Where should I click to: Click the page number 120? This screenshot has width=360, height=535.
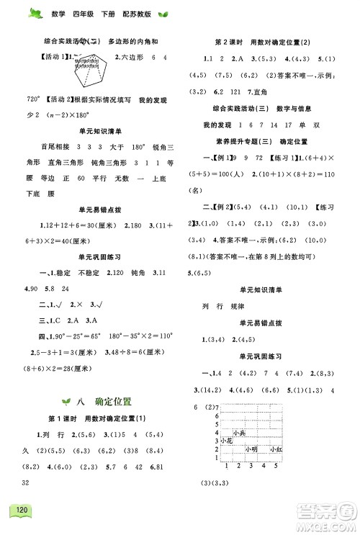pyautogui.click(x=19, y=513)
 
